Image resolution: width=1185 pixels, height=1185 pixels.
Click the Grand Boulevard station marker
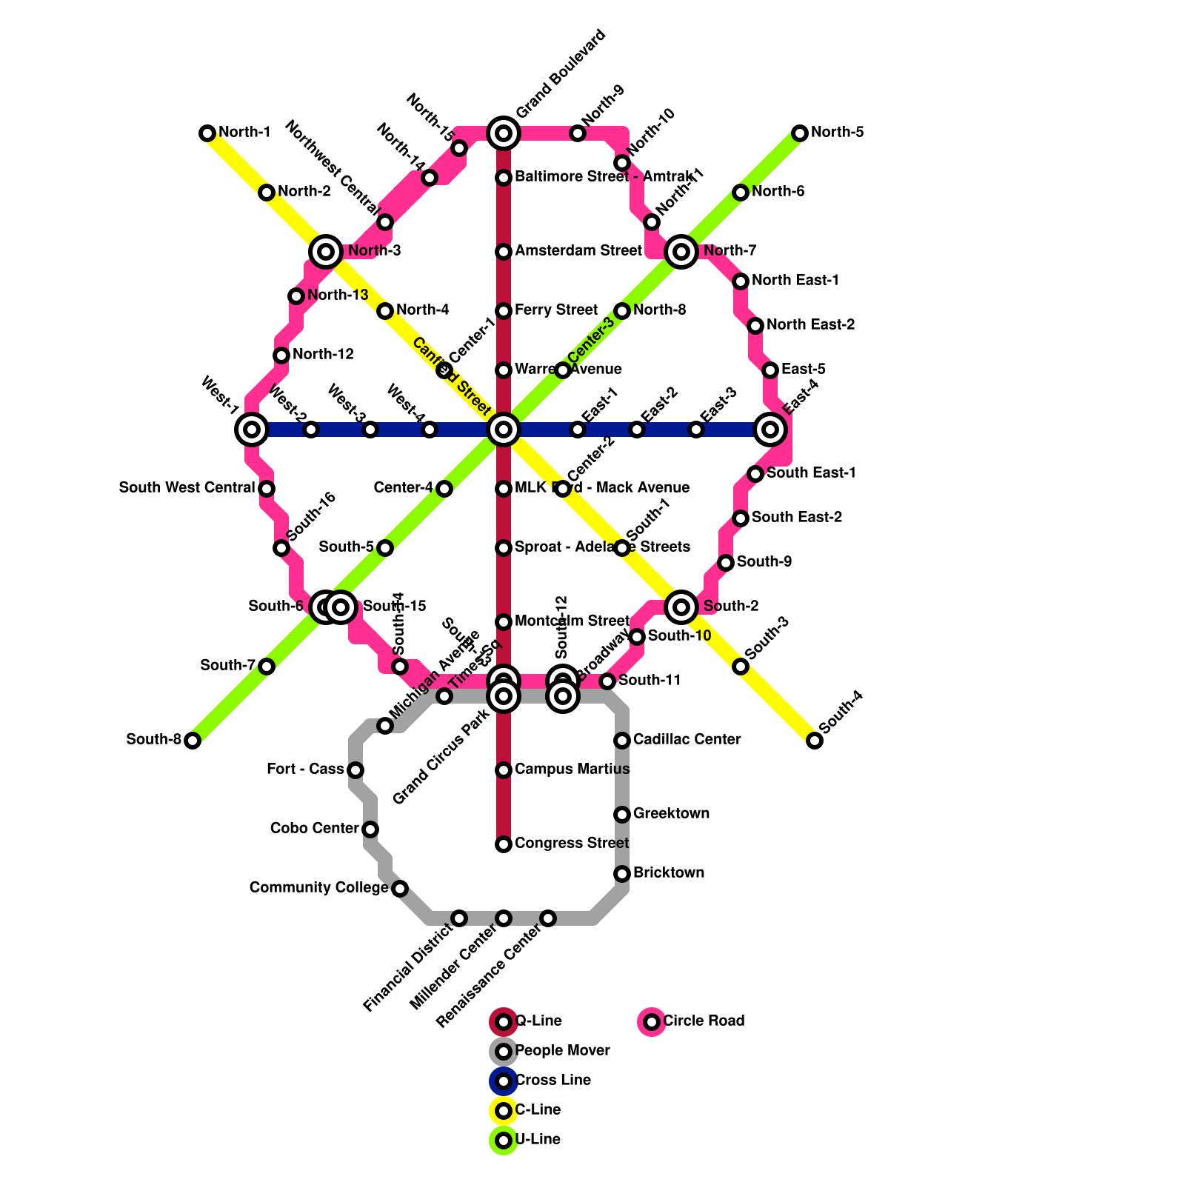tap(504, 133)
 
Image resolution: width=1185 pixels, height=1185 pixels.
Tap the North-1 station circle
tap(207, 133)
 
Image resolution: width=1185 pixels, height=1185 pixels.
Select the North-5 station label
tap(837, 133)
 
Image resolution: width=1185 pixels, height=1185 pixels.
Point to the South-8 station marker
tap(193, 741)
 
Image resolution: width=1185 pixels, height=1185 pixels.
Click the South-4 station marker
tap(815, 741)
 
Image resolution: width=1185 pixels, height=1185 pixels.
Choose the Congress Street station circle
tap(504, 844)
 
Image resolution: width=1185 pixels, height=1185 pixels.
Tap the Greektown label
tap(671, 814)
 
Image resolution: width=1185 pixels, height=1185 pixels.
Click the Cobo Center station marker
tap(370, 829)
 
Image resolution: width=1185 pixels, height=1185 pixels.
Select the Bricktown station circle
tap(622, 874)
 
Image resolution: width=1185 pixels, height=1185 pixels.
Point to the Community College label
tap(318, 888)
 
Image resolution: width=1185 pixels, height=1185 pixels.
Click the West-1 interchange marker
tap(252, 430)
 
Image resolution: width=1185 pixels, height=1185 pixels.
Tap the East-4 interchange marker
tap(770, 430)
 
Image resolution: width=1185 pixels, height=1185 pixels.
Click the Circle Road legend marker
tap(652, 1022)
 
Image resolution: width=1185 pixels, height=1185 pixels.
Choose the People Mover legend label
tap(562, 1051)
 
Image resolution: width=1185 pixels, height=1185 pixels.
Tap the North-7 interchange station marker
tap(681, 252)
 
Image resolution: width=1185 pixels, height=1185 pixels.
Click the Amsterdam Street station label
tap(578, 251)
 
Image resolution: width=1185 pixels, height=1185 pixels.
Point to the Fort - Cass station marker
tap(355, 770)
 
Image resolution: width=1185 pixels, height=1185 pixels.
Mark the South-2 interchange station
tap(681, 607)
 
